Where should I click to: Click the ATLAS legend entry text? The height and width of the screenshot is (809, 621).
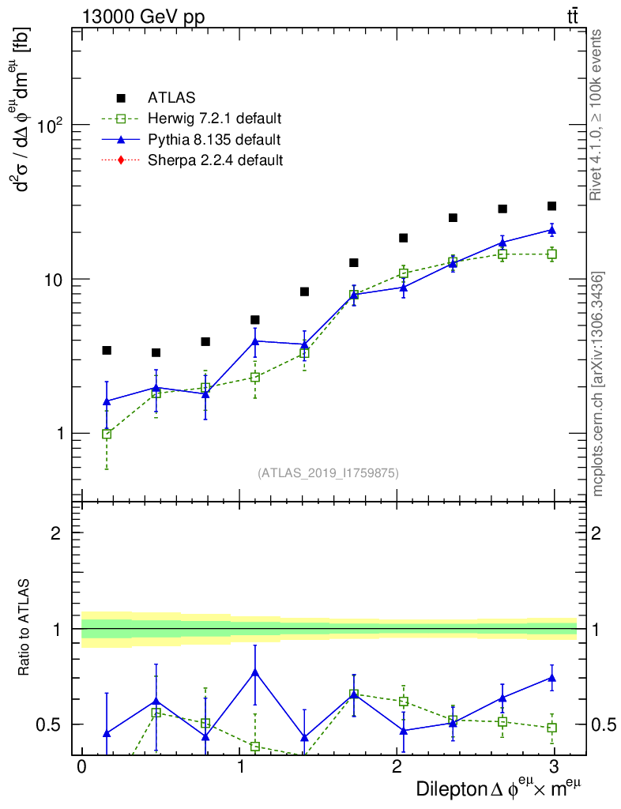coord(171,99)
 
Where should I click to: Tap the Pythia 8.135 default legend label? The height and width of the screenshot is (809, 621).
coord(213,141)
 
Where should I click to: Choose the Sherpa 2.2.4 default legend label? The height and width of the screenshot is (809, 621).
coord(215,160)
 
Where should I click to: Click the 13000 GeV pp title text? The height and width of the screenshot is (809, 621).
coord(143,15)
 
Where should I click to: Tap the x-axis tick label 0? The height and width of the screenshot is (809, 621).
coord(81,768)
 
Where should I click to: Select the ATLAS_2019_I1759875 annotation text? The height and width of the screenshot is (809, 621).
coord(328,473)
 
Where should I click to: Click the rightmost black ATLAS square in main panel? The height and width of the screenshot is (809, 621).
coord(551,206)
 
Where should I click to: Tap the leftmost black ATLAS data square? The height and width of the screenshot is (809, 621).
coord(107,350)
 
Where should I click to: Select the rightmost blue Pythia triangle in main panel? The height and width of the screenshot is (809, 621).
coord(551,230)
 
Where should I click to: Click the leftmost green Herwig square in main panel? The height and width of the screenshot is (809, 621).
coord(107,434)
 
